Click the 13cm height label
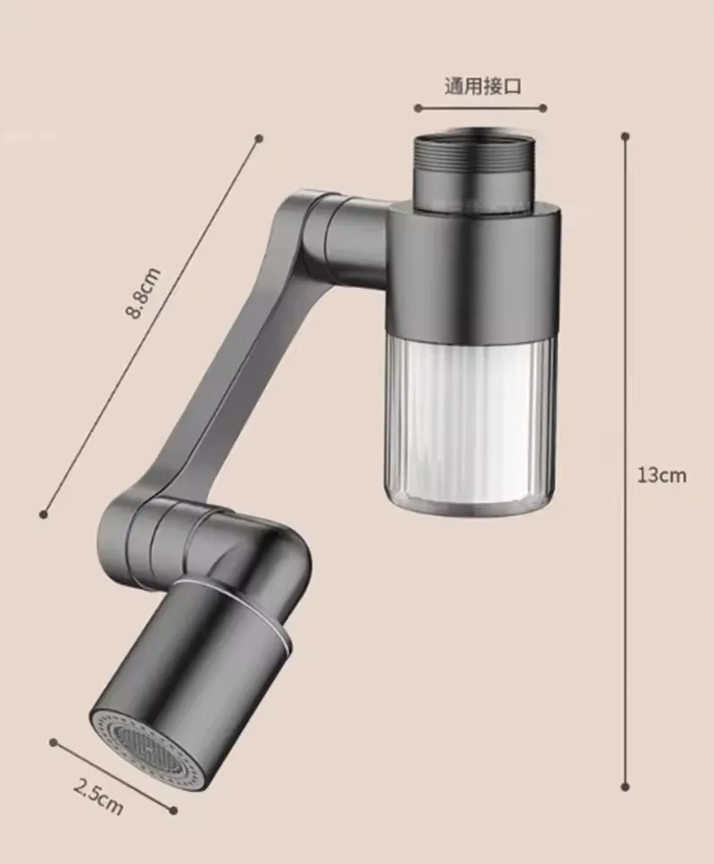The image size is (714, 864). pyautogui.click(x=662, y=475)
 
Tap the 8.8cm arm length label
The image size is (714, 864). pyautogui.click(x=143, y=293)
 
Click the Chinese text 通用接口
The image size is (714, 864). pyautogui.click(x=483, y=86)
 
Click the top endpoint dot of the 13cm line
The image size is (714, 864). pyautogui.click(x=625, y=137)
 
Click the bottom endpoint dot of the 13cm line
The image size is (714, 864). pyautogui.click(x=625, y=787)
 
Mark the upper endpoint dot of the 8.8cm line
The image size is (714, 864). pyautogui.click(x=259, y=139)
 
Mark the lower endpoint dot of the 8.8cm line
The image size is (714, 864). pyautogui.click(x=43, y=514)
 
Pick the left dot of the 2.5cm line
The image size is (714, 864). pyautogui.click(x=53, y=742)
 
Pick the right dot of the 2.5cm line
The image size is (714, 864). pyautogui.click(x=174, y=811)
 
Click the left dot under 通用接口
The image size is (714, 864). pyautogui.click(x=418, y=108)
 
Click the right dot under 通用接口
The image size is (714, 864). pyautogui.click(x=546, y=108)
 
